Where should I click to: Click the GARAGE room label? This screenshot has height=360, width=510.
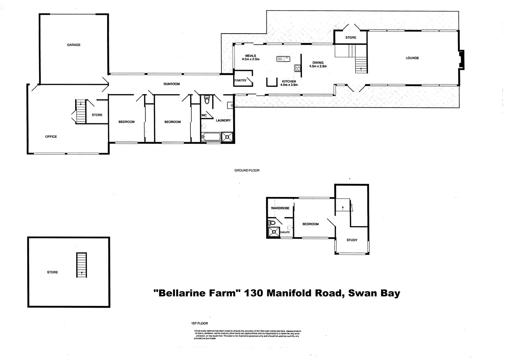tap(74, 45)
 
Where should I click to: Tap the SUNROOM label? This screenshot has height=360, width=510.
tap(172, 84)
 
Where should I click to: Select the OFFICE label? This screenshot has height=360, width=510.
tap(51, 137)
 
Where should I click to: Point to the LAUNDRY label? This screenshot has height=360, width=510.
tap(223, 120)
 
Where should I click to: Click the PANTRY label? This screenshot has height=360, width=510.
tap(240, 81)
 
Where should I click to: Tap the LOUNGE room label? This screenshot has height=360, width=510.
tap(412, 58)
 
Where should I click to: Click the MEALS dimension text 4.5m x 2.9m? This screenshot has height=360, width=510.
tap(251, 59)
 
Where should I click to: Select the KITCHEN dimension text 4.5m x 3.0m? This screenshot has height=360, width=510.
tap(289, 85)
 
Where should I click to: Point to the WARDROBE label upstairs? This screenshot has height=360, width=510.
tap(280, 208)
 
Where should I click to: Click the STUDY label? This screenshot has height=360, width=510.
tap(352, 240)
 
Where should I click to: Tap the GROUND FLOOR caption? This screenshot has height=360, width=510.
tap(247, 170)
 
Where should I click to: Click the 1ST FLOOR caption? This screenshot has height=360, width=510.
tap(200, 323)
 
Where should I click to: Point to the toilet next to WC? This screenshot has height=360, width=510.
tap(207, 100)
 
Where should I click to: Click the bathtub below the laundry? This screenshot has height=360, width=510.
tap(211, 137)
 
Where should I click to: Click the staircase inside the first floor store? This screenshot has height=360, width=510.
tap(81, 265)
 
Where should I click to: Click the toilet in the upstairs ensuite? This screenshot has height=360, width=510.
tap(272, 223)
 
